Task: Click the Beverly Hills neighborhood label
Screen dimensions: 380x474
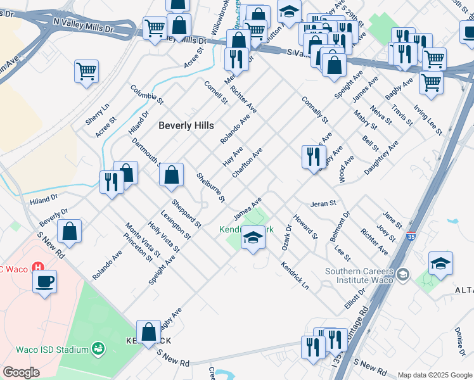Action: point(186,125)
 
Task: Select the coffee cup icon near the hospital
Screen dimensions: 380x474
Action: point(44,281)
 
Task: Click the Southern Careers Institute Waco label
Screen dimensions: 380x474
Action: point(359,276)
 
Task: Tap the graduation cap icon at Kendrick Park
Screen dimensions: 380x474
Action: point(253,237)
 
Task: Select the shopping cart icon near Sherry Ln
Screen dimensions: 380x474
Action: point(87,71)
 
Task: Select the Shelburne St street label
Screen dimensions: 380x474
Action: point(211,188)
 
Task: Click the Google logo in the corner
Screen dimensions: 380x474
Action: point(21,372)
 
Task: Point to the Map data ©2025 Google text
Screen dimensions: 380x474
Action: point(434,375)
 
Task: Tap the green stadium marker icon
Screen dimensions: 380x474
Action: point(98,348)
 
